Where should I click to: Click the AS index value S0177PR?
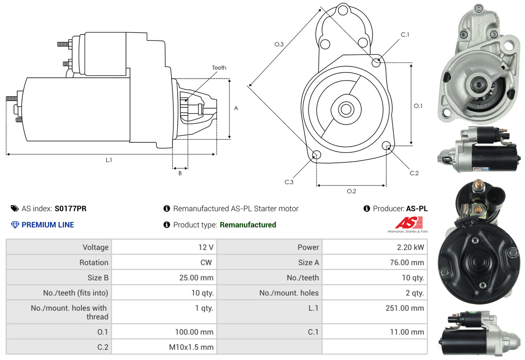[x=70, y=208]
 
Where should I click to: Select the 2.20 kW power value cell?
[x=410, y=247]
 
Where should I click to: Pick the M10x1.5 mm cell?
[x=191, y=347]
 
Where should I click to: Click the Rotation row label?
[x=93, y=263]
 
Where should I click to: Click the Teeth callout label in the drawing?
[x=219, y=68]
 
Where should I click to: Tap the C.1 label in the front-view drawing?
[x=405, y=34]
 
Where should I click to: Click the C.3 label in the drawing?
[x=289, y=182]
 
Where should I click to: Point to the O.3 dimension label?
[x=279, y=44]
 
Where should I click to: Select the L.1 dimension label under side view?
[x=109, y=160]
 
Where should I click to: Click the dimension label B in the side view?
[x=180, y=174]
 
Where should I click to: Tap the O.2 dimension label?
[x=351, y=191]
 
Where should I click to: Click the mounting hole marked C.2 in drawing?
[x=386, y=146]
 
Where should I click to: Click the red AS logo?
[x=409, y=222]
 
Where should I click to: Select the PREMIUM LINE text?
[x=48, y=225]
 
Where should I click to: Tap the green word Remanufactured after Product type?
[x=247, y=225]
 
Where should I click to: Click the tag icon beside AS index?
[x=14, y=208]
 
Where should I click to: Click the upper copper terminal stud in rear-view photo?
[x=478, y=186]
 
